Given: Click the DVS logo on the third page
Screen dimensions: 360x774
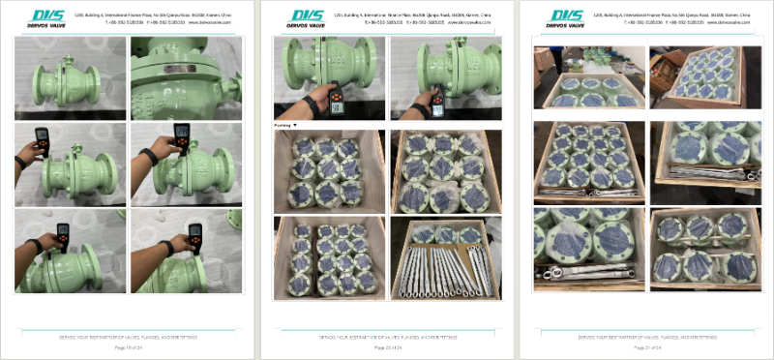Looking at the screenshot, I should coord(565,17).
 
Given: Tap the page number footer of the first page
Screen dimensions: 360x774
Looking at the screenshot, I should coord(128,346).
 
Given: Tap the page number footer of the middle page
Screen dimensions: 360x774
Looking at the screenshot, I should coord(387,346).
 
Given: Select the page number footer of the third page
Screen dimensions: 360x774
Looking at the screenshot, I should coord(645,346).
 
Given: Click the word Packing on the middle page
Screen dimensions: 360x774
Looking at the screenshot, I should coord(283,125).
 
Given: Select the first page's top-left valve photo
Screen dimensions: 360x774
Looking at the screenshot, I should coord(70,78).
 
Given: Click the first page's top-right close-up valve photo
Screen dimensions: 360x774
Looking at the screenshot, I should coord(186,78).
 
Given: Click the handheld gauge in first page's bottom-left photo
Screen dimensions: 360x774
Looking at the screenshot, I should coord(62,233).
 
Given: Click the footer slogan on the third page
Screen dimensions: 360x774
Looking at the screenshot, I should coord(645,337).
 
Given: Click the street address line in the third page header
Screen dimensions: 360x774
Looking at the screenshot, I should coord(671,15).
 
